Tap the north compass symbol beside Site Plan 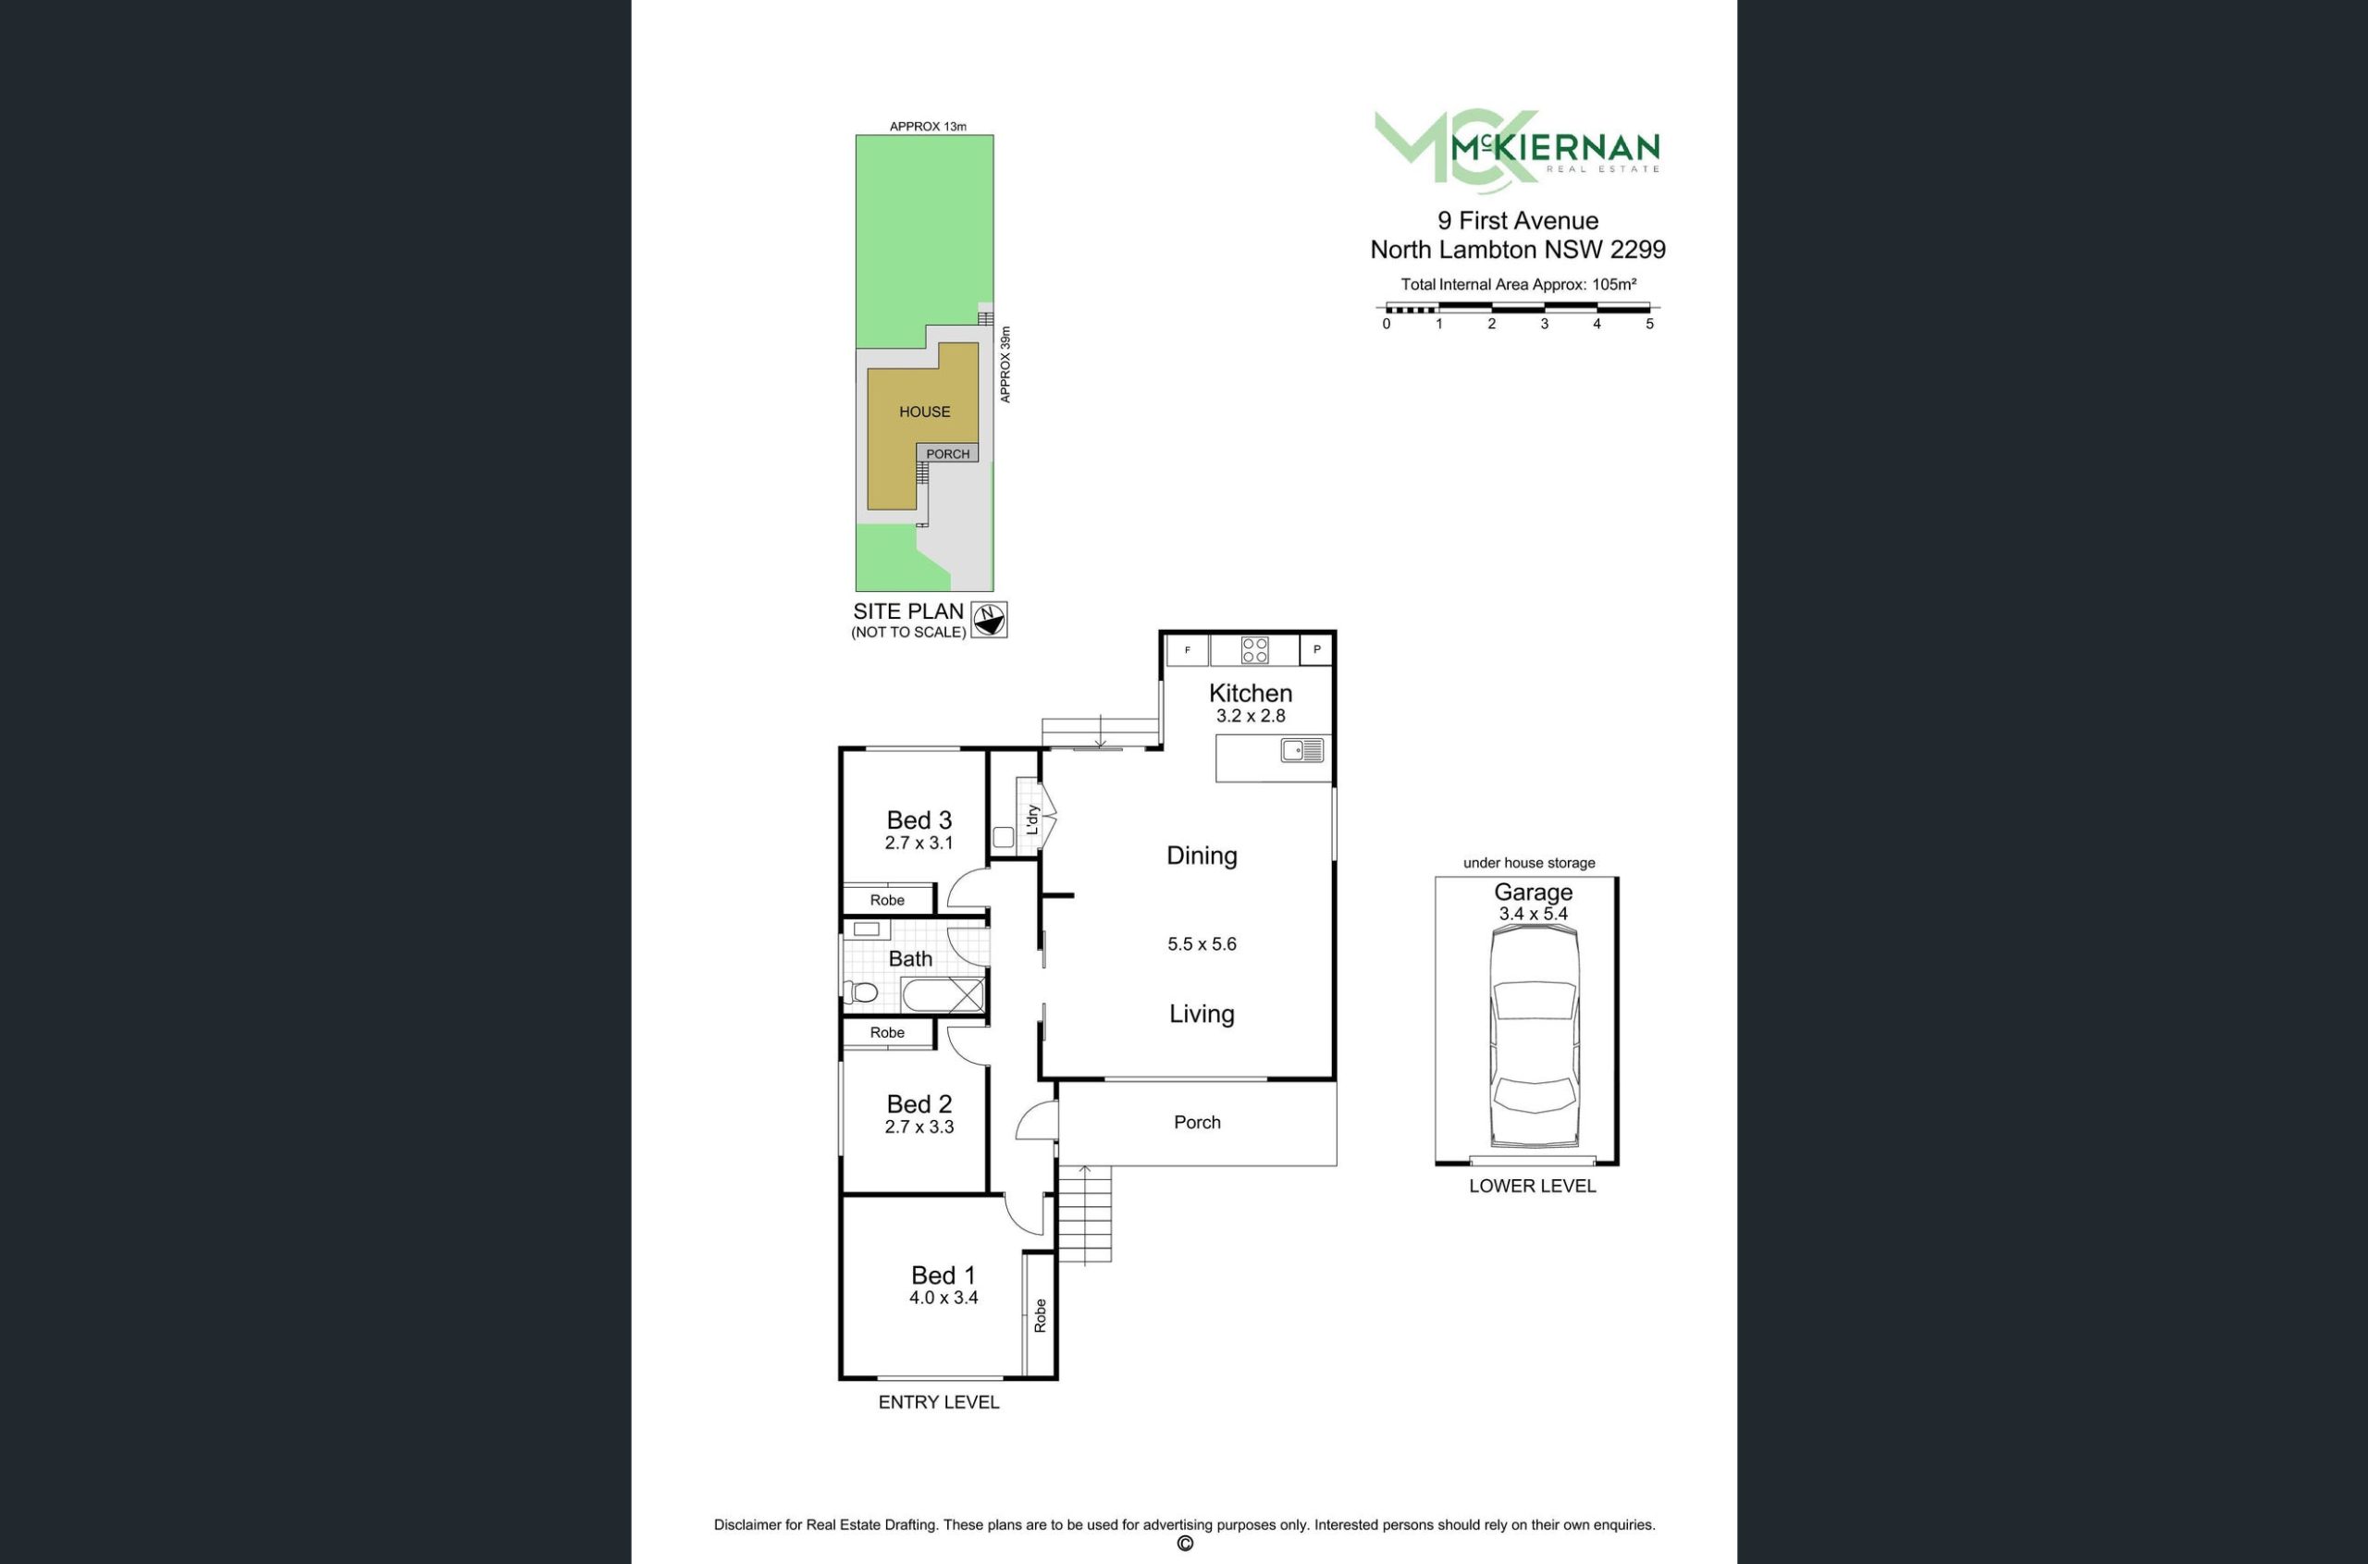pos(989,620)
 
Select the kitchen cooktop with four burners pos(1255,650)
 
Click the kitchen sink pos(1301,750)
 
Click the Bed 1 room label pos(943,1275)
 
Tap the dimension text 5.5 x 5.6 pos(1202,943)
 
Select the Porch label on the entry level pos(1197,1122)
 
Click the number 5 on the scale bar pos(1650,324)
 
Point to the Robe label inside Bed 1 pos(1041,1315)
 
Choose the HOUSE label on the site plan pos(925,412)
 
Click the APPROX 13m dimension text pos(928,127)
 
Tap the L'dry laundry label pos(1033,819)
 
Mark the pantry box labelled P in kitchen pos(1316,650)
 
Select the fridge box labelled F pos(1187,650)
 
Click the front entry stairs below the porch pos(1084,1213)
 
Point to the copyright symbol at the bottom pos(1185,1544)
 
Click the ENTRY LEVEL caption pos(939,1402)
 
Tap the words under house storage pos(1529,863)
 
